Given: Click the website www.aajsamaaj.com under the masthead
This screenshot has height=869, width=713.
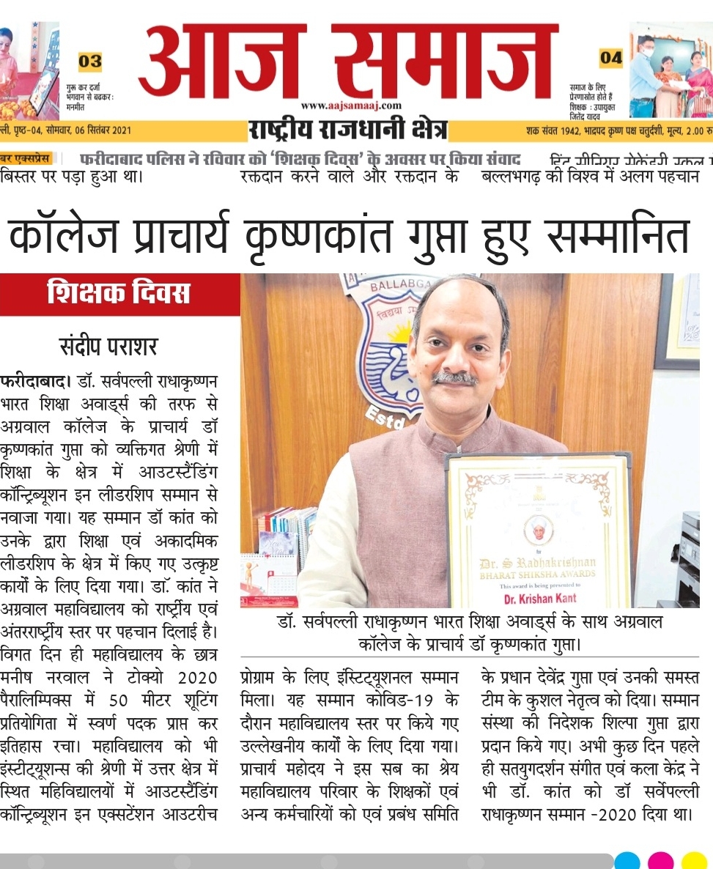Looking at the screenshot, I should pos(351,106).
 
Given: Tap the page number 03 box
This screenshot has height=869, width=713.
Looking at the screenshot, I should pos(90,61).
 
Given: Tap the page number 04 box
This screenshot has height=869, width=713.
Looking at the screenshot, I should pos(610,57).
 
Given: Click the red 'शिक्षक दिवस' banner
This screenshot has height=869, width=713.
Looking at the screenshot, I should pos(119,295).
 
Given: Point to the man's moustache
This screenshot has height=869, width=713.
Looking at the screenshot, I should pos(454,378).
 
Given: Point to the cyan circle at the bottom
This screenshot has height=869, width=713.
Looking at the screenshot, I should pos(628,860).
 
